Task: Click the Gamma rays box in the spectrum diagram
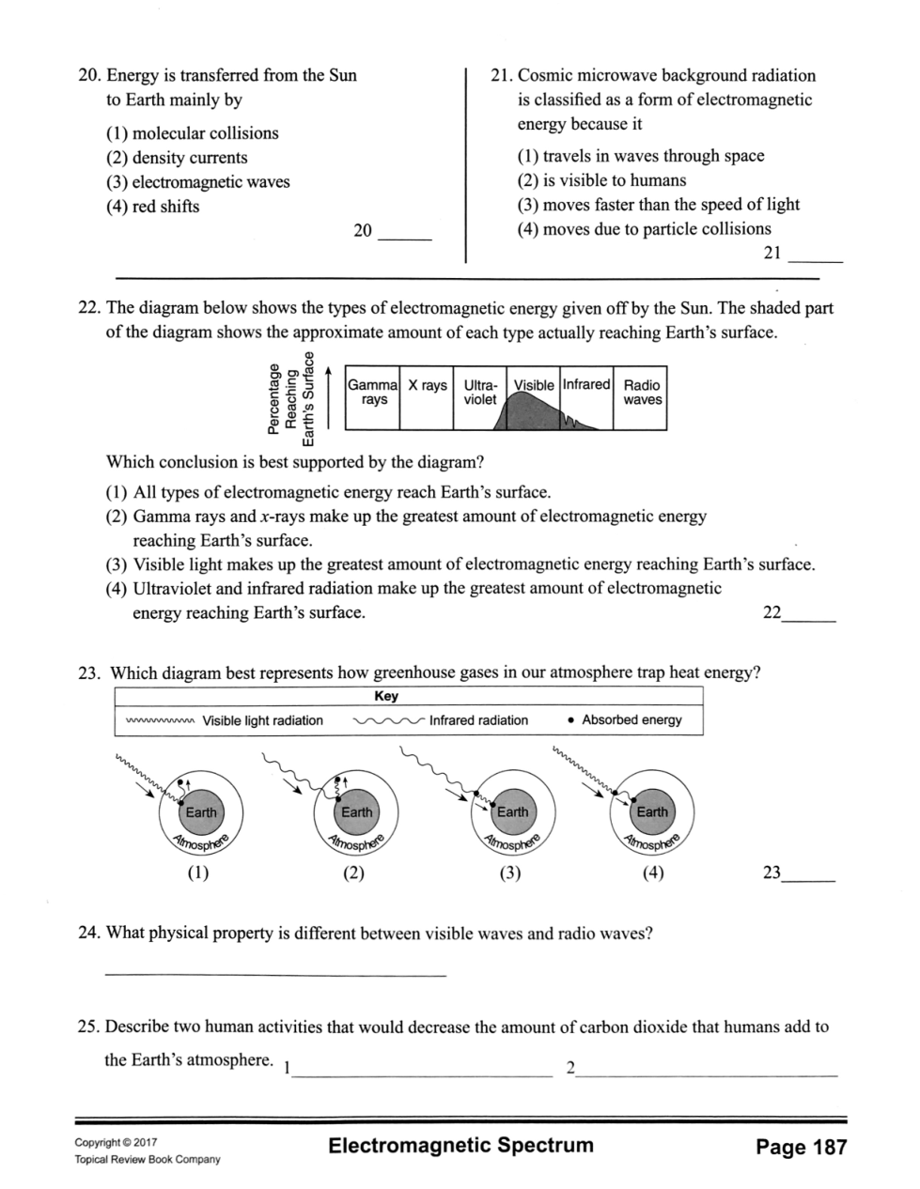(x=373, y=398)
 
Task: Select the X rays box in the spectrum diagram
(x=427, y=398)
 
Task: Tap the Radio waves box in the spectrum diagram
(x=641, y=398)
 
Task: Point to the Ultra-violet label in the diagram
(x=479, y=392)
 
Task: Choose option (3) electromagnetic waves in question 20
(x=198, y=182)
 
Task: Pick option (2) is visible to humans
(x=601, y=180)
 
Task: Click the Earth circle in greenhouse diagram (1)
(x=201, y=811)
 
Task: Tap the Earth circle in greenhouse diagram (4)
(x=651, y=811)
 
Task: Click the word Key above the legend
(x=386, y=696)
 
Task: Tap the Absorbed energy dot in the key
(x=570, y=720)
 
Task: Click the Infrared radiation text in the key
(x=478, y=720)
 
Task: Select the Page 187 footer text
(x=801, y=1147)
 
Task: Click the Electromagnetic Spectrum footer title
(x=461, y=1145)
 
